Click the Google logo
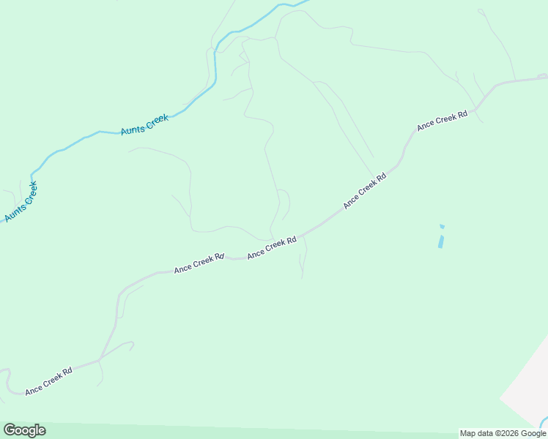pyautogui.click(x=24, y=430)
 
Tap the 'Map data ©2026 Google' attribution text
pyautogui.click(x=503, y=434)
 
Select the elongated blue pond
pyautogui.click(x=441, y=239)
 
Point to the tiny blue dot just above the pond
pyautogui.click(x=442, y=226)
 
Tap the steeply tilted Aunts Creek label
pyautogui.click(x=21, y=202)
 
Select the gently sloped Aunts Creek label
pyautogui.click(x=145, y=123)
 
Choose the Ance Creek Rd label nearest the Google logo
pyautogui.click(x=48, y=381)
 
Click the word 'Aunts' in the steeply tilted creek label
pyautogui.click(x=14, y=212)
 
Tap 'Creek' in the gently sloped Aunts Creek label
pyautogui.click(x=158, y=119)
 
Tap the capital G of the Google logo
pyautogui.click(x=10, y=430)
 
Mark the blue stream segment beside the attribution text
pyautogui.click(x=543, y=422)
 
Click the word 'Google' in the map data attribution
pyautogui.click(x=533, y=434)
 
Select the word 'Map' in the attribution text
pyautogui.click(x=467, y=434)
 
